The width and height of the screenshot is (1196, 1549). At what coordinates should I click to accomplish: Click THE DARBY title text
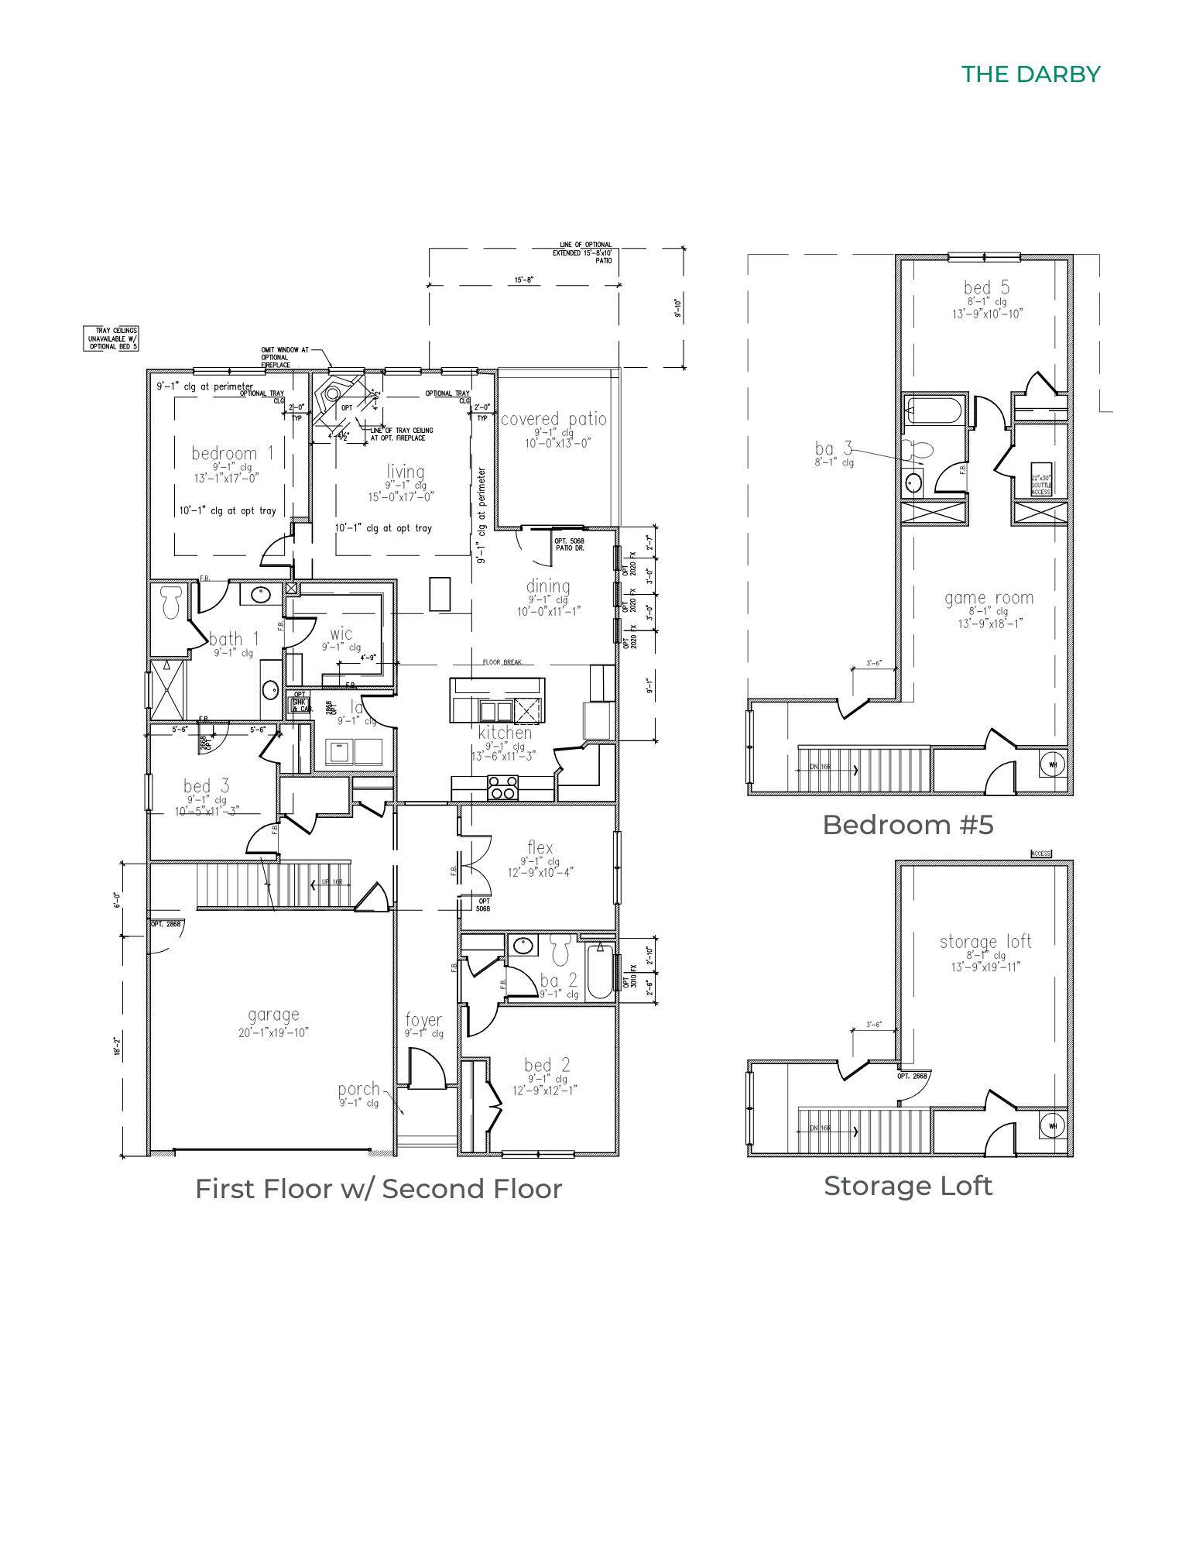[1030, 74]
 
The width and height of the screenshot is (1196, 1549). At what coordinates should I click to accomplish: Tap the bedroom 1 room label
[232, 453]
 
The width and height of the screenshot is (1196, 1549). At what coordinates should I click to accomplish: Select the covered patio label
[553, 420]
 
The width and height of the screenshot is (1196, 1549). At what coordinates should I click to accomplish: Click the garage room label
[273, 1015]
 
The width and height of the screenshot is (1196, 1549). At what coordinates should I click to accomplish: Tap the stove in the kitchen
[502, 787]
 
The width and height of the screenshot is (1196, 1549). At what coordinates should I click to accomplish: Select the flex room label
[540, 847]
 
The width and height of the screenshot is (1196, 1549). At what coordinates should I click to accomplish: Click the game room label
[989, 598]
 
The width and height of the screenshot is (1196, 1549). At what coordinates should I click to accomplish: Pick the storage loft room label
[985, 942]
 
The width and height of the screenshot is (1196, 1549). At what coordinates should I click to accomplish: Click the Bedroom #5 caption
[907, 825]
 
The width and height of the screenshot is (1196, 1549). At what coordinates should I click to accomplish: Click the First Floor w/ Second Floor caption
[378, 1189]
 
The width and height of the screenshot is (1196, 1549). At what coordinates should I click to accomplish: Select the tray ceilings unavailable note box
[111, 338]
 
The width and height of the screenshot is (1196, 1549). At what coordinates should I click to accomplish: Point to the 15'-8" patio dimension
[523, 280]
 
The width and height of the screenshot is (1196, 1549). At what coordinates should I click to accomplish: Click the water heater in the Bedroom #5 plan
[1053, 764]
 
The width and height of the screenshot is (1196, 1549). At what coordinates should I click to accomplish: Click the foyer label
[423, 1021]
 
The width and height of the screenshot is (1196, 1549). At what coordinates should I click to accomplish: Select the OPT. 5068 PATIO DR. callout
[569, 544]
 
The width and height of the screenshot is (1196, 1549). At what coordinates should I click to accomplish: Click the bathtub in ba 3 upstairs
[935, 410]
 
